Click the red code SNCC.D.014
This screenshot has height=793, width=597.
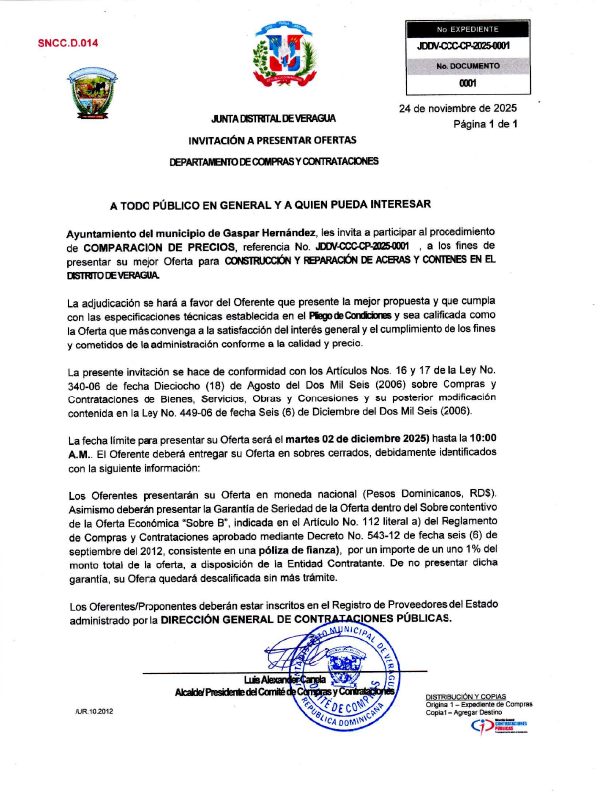coord(68,43)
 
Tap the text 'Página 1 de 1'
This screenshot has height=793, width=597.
coord(487,124)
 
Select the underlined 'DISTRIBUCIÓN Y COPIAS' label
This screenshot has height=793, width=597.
coord(468,696)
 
